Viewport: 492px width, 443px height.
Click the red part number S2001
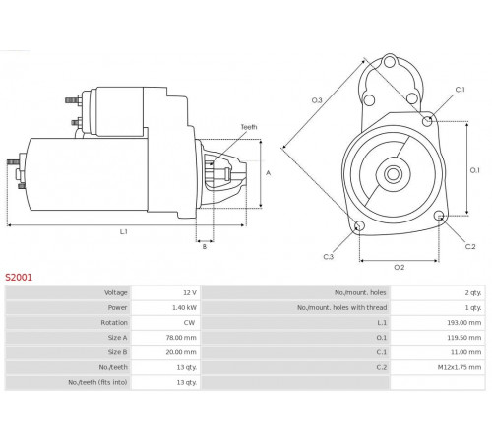19,278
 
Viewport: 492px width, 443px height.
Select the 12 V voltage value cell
165,292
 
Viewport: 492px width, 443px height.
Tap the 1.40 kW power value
184,308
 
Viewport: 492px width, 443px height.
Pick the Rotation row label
114,323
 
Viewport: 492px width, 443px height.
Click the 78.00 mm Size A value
181,338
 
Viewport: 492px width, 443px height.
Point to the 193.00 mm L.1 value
464,323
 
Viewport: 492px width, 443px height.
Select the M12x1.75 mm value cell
438,367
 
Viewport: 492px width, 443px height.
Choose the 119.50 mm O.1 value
464,338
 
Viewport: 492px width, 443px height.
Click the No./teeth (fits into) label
97,382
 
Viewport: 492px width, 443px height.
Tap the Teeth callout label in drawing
249,127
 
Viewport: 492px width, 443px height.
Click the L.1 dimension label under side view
123,232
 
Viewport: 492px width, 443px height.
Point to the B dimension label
205,247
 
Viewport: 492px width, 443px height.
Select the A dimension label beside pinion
269,173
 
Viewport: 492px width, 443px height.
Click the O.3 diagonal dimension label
317,100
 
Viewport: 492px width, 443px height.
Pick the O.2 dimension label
400,268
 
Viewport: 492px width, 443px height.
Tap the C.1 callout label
461,90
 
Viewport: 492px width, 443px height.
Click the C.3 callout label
329,257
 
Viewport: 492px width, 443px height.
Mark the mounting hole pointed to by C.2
439,216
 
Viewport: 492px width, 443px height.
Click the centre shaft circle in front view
393,174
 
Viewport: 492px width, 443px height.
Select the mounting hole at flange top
390,62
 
